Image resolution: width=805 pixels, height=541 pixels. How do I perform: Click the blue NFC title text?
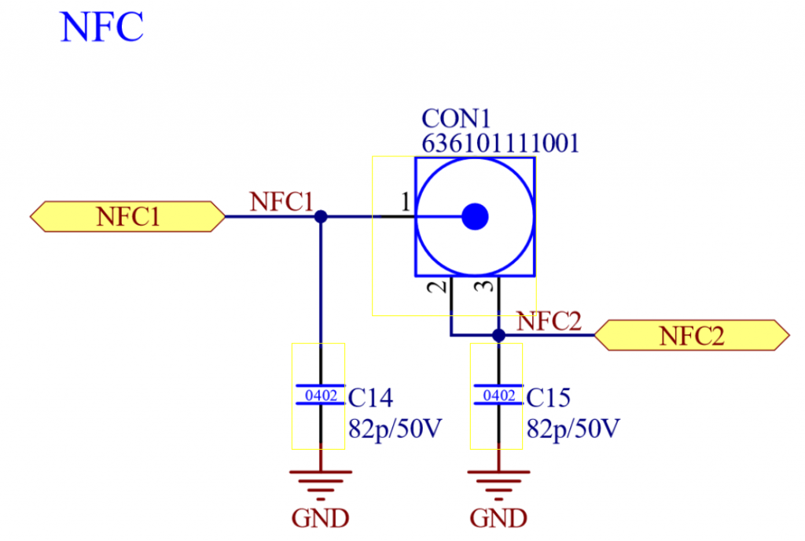point(101,27)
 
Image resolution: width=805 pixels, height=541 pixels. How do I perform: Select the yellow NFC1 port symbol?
point(127,216)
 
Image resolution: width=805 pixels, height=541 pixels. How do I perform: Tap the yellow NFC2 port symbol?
point(692,336)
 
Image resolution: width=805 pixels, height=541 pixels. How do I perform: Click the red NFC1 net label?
point(281,202)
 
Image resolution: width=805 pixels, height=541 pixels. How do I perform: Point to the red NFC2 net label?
point(549,322)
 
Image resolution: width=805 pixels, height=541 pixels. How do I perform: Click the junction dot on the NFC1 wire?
point(321,216)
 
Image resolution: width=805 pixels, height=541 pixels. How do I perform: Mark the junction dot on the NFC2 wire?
point(498,336)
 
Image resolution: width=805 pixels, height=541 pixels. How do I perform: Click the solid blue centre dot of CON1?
point(475,216)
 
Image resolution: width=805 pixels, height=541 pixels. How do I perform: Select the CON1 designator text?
point(456,119)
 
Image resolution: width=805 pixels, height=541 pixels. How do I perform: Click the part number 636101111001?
point(501,143)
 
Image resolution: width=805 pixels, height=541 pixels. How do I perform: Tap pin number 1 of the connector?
point(406,202)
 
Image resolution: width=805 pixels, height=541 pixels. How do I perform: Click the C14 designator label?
point(370,398)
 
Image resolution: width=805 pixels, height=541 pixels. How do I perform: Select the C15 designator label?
point(548,398)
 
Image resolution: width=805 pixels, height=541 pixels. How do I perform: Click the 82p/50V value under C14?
point(395,428)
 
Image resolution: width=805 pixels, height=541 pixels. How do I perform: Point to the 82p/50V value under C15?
point(573,428)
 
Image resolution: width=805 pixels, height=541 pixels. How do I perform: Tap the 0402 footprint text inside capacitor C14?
point(321,396)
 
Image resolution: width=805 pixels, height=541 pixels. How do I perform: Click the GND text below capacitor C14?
point(321,518)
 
